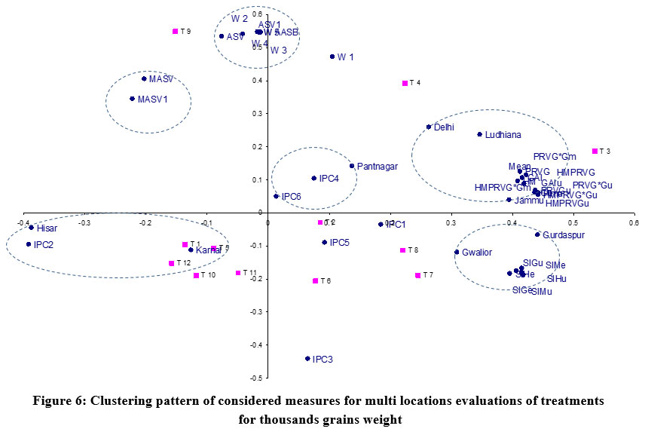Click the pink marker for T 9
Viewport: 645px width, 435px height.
pos(175,32)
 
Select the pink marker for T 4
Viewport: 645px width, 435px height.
pos(405,84)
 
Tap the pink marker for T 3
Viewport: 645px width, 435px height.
pos(595,152)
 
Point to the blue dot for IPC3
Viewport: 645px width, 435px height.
pos(307,359)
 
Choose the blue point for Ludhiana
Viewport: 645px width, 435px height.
pos(479,135)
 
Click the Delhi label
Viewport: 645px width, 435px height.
pos(444,127)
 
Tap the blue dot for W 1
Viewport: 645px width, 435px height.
pos(332,57)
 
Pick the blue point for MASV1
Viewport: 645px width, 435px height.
pos(132,99)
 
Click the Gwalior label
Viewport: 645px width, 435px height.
pos(478,253)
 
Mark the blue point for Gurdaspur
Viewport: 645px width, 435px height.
pos(537,235)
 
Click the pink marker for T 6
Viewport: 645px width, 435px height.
pos(315,281)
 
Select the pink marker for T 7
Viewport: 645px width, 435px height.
pos(417,275)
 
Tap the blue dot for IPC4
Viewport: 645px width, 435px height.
pos(313,179)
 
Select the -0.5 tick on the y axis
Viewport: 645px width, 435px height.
pos(257,378)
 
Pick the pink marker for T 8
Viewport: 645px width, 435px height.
pos(402,250)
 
